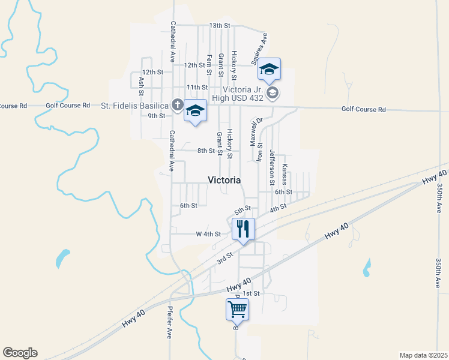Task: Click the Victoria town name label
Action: pos(224,180)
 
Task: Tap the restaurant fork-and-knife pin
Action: pos(243,229)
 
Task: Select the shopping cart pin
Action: pos(237,310)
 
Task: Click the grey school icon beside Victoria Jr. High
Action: pos(273,92)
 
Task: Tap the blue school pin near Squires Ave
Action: pos(270,70)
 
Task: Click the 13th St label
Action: pos(220,26)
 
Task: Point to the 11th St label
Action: pos(197,87)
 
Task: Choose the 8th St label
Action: pos(206,151)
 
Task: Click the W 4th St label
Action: pos(208,234)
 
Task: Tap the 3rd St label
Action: pos(224,256)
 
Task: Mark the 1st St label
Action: pos(251,293)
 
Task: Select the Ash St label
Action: pos(141,85)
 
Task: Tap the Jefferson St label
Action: pos(272,167)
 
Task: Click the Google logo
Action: pos(20,353)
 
